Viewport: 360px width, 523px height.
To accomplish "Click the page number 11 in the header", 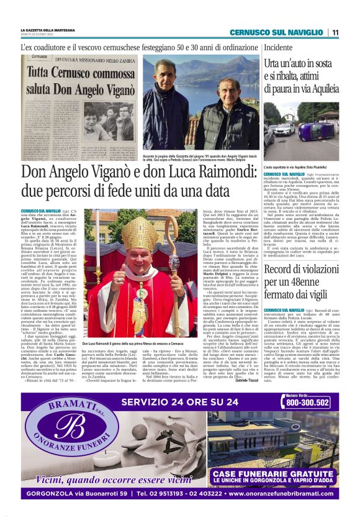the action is coord(334,32).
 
